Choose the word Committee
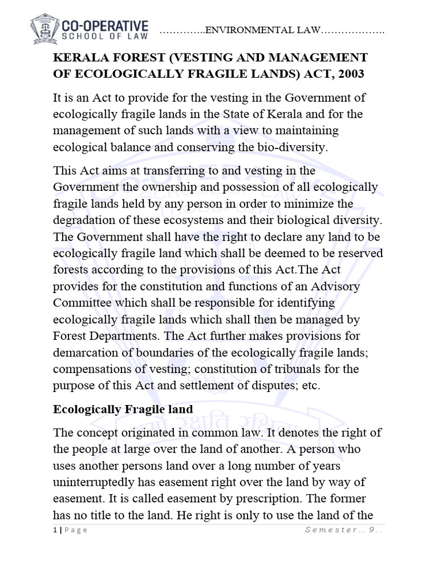[82, 302]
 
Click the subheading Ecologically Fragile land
[123, 410]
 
